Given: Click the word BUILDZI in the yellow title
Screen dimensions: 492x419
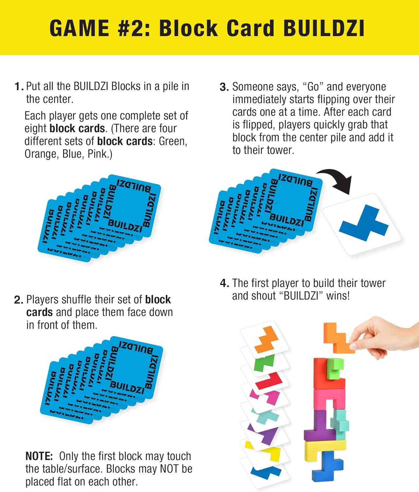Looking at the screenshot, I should point(324,28).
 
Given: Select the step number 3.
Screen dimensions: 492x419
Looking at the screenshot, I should point(224,87).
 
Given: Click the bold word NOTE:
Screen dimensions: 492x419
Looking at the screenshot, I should point(39,456).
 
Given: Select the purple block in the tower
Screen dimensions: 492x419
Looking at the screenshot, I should point(316,426).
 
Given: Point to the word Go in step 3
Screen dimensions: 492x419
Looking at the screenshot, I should point(313,87).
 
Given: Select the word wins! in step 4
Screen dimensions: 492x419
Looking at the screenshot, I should point(338,296).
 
